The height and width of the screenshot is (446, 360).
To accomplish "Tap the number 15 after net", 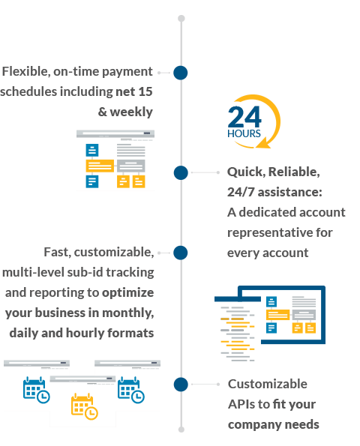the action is (145, 91).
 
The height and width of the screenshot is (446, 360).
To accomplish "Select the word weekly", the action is (131, 112).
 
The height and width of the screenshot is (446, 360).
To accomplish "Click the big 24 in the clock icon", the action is (244, 117).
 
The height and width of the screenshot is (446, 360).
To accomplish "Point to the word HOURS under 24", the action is (244, 133).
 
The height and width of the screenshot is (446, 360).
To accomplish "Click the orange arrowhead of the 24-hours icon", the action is (263, 143).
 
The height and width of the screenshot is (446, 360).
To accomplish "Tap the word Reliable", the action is (294, 172).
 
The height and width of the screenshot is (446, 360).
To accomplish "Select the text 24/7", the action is (241, 192).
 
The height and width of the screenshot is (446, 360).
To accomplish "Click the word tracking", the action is (130, 273).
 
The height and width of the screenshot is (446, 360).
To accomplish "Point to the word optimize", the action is (128, 293).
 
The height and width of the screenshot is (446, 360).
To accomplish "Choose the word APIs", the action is (241, 404).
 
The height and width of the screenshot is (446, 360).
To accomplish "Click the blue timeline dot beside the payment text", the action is (181, 73).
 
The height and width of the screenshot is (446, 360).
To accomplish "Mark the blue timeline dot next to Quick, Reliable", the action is (181, 172).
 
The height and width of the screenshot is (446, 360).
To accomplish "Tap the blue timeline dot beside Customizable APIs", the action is (181, 385).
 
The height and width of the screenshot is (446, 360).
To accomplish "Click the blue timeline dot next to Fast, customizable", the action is (181, 253).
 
